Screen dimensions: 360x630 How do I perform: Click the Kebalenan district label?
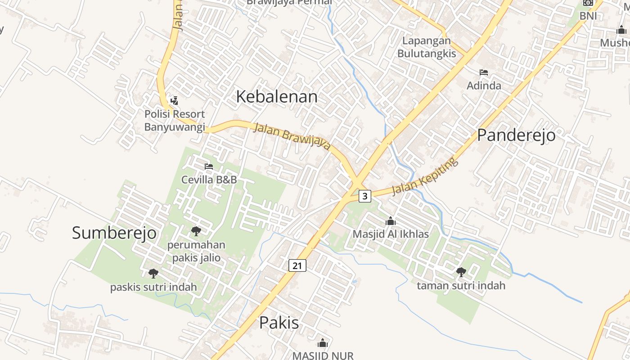coord(276,97)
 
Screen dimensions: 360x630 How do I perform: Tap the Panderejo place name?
coord(516,135)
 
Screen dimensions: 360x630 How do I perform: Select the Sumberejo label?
coord(114,233)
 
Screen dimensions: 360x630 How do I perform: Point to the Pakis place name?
coord(279,323)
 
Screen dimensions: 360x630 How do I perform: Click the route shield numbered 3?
coord(365,196)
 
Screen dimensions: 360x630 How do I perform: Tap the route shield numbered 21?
coord(297,265)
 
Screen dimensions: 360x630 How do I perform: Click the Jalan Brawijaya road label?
coord(292,136)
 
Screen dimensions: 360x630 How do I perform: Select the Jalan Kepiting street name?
coord(425,176)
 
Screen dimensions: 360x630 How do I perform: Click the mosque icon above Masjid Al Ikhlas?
coord(391,221)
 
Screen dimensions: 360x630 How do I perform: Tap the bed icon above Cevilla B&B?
coord(209,166)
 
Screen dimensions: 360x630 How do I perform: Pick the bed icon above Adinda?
coord(484,72)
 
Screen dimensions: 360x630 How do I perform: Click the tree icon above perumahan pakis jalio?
coord(196,232)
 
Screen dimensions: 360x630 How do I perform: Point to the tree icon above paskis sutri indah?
coord(153,273)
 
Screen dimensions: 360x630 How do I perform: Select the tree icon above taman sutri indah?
coord(461,272)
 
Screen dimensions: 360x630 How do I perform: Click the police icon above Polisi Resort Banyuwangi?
coord(174,100)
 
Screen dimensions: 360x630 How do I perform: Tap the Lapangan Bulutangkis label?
coord(426,47)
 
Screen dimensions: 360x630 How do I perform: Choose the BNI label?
coord(588,16)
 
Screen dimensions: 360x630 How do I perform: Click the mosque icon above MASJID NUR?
coord(323,343)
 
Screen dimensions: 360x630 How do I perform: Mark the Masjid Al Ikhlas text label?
coord(391,234)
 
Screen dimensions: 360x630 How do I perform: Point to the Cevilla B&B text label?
coord(209,180)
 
